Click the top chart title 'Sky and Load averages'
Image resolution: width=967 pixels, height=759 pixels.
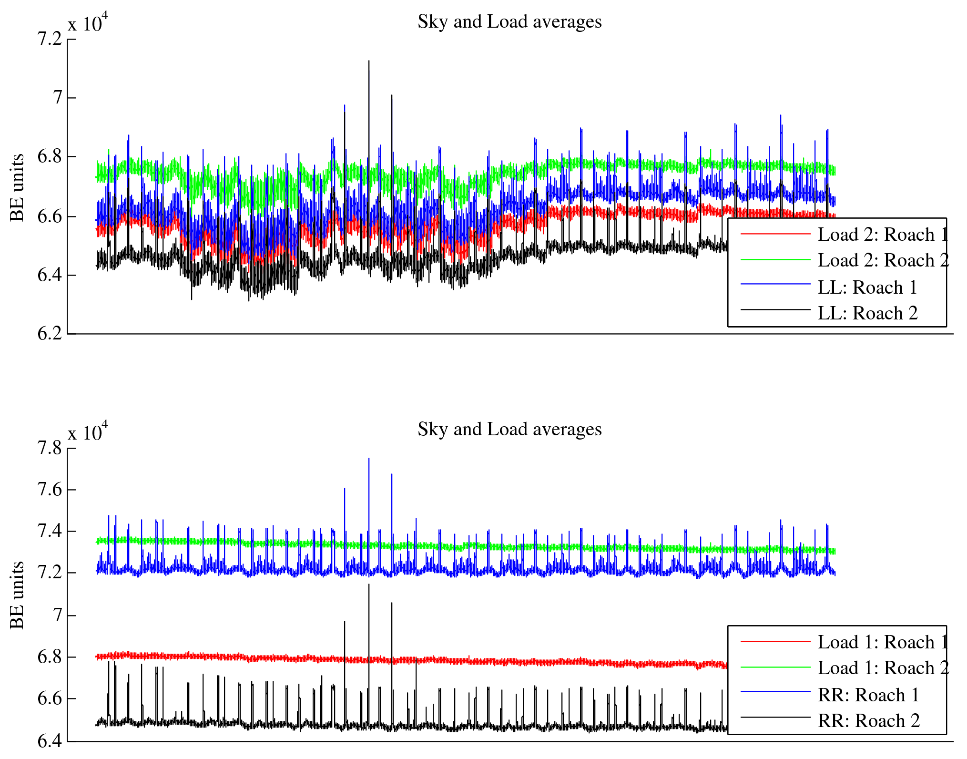tap(509, 22)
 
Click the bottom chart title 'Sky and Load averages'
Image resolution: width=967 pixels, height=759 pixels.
tap(509, 430)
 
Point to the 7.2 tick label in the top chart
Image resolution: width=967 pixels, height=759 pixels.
tap(50, 39)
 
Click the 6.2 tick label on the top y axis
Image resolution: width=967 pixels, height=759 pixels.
tap(50, 334)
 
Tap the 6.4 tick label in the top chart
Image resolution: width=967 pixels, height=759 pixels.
tap(50, 275)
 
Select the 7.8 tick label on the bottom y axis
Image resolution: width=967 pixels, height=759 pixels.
tap(50, 448)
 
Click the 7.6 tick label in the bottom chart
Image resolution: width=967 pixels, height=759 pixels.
tap(50, 490)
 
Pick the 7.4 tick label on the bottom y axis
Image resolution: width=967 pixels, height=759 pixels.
tap(50, 531)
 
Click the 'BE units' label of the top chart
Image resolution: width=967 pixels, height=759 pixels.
tap(17, 187)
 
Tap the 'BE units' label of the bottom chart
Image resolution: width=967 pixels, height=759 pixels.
tap(17, 595)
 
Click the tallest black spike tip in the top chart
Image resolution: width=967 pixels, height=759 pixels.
tap(368, 61)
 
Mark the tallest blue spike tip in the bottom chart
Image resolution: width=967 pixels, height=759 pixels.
tap(368, 459)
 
